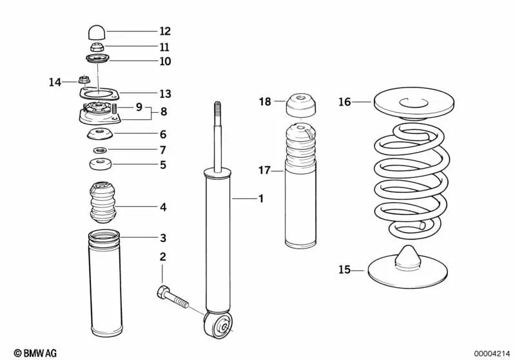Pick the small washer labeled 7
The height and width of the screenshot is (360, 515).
99,150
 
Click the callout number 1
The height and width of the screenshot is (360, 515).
260,199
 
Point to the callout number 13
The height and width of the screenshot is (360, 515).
165,94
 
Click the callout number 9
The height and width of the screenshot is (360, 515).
139,107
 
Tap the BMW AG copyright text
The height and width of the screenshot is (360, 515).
35,352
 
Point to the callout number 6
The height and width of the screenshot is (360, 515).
163,135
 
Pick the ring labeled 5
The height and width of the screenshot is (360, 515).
99,165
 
